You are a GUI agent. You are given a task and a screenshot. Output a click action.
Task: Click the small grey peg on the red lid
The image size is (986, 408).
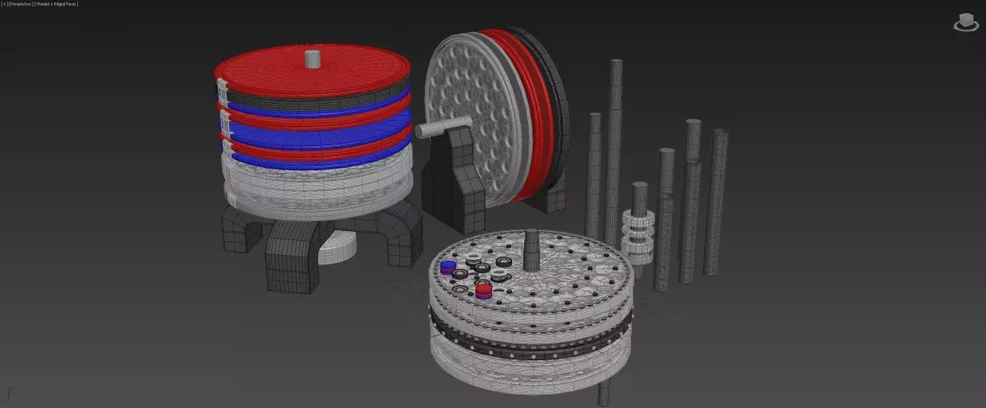click(x=311, y=58)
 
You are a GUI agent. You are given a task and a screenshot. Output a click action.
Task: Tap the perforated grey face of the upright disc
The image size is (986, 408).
click(x=472, y=114)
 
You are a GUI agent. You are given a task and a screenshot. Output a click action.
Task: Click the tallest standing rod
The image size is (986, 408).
click(x=615, y=148)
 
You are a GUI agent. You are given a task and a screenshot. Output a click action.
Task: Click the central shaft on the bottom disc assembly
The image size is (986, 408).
click(x=532, y=248)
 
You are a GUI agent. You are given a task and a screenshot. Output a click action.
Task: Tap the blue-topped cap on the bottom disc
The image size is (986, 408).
click(x=448, y=267)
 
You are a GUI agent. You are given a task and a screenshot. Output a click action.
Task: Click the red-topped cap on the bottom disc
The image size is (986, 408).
click(x=484, y=290)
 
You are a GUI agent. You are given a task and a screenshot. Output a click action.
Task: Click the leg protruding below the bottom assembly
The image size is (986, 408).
click(x=604, y=393)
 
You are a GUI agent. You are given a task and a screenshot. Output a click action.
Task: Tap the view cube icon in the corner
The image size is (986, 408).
click(x=966, y=22)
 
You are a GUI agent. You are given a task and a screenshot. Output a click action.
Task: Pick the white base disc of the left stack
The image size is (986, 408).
click(x=312, y=185)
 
